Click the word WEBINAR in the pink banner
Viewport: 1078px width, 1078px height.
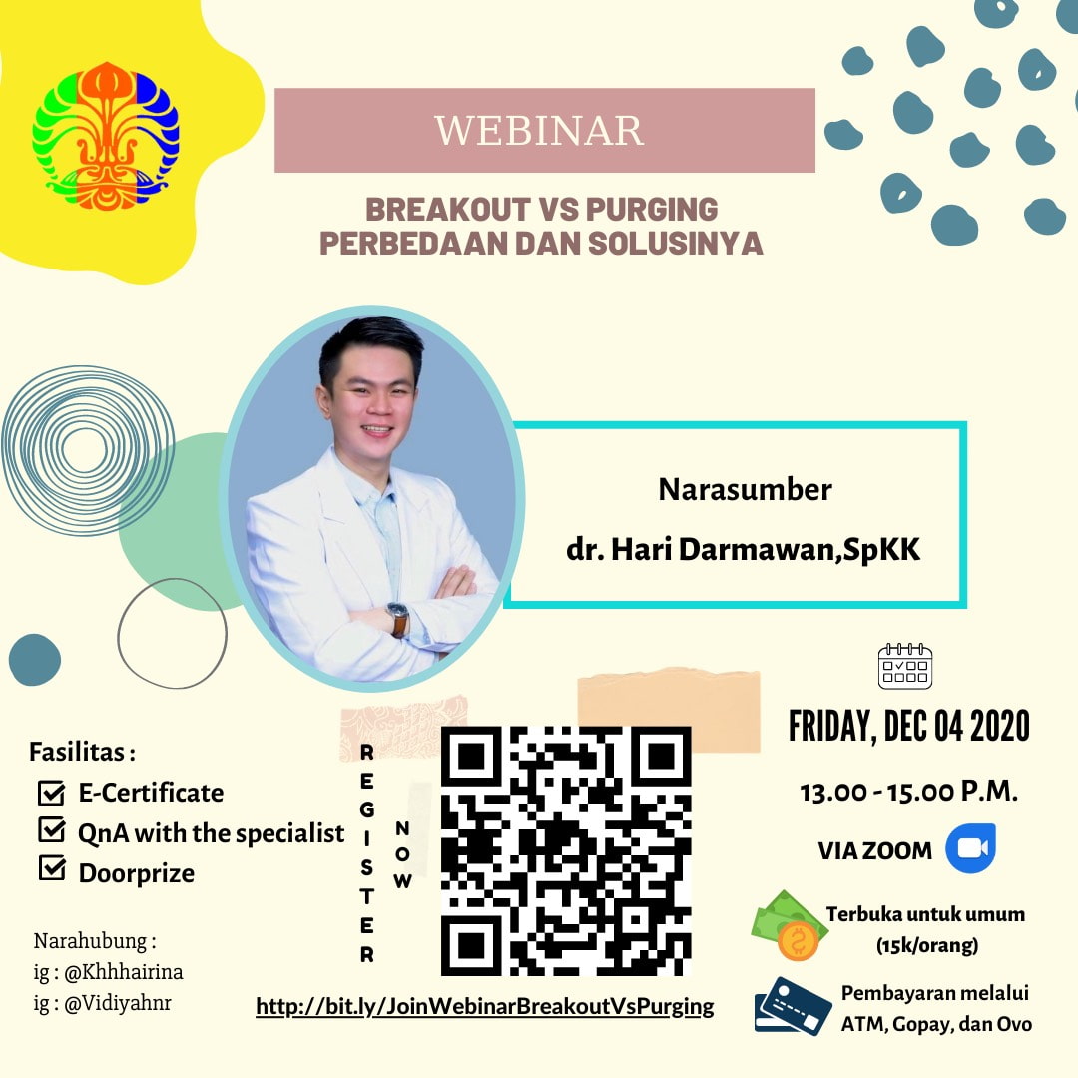click(x=539, y=130)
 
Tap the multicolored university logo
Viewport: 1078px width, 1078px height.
click(x=105, y=136)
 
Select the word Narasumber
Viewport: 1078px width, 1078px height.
click(x=746, y=489)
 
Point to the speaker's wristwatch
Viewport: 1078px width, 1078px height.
click(x=398, y=618)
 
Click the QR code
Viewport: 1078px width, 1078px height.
click(x=566, y=850)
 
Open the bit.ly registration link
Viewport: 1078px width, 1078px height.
click(x=485, y=1006)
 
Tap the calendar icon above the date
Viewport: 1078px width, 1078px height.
click(x=904, y=666)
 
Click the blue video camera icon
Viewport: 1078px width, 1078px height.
click(x=971, y=848)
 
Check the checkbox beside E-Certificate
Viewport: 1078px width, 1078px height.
click(x=52, y=793)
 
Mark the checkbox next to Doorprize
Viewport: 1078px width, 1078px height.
click(x=52, y=868)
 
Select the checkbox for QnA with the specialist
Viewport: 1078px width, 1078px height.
click(x=52, y=829)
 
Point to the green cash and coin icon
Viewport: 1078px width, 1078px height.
click(x=789, y=925)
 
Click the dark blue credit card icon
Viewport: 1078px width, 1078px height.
click(x=792, y=1006)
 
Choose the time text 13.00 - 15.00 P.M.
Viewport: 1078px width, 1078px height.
click(x=909, y=792)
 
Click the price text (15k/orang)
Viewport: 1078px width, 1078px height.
click(x=927, y=946)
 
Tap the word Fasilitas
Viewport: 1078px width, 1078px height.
click(x=77, y=752)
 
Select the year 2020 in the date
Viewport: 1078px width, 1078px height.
click(x=999, y=726)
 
